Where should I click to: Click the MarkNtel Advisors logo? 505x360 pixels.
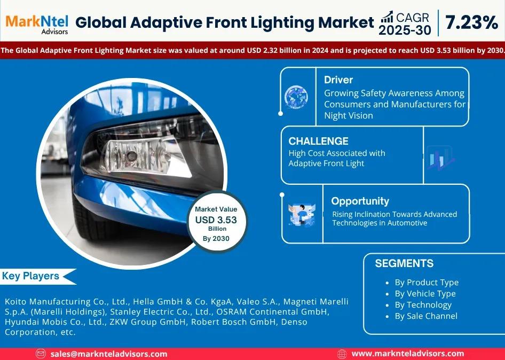coord(37,24)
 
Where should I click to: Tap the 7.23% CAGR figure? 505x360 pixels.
coord(471,22)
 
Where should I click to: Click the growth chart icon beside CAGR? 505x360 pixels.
coord(387,17)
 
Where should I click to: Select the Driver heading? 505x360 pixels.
coord(338,80)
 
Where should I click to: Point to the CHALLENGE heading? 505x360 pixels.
coord(318,141)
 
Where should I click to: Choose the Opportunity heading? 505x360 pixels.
coord(360,201)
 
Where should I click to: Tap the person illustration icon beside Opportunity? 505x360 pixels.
coord(302,214)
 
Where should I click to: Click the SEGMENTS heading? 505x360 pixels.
coord(404,263)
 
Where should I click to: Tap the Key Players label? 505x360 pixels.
coord(30,276)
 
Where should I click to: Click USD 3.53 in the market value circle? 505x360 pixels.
coord(216,220)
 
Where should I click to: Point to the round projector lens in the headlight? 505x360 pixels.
coord(131,156)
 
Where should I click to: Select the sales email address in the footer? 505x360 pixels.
coord(108,354)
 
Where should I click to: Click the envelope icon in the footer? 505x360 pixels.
coord(41,354)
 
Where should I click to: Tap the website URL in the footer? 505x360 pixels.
coord(408,354)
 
